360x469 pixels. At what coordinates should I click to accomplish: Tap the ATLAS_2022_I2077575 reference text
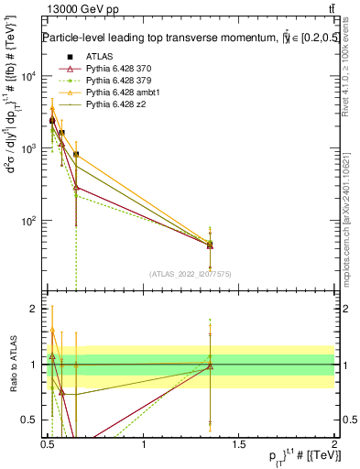(191, 274)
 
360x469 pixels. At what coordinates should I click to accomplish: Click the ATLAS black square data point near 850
(76, 155)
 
